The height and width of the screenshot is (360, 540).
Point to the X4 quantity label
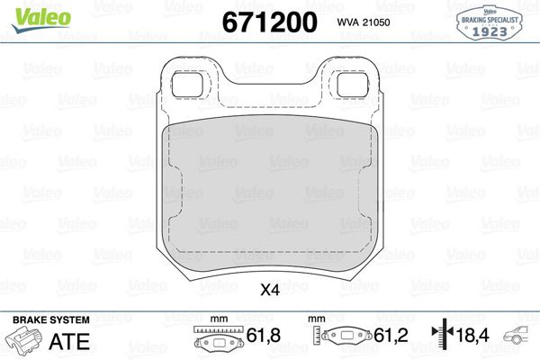coord(270,290)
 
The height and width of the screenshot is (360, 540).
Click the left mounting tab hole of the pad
coord(186,83)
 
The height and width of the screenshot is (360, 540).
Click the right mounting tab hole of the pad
coord(351,83)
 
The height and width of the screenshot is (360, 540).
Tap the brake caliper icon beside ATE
coord(25,340)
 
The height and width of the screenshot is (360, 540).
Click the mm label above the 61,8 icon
coord(216,319)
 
